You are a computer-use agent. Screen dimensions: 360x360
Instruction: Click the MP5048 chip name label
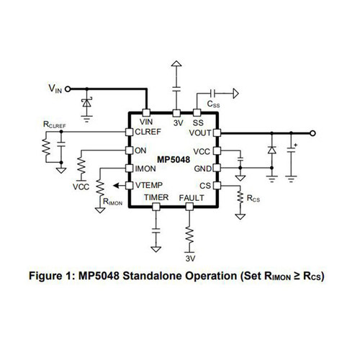(174, 160)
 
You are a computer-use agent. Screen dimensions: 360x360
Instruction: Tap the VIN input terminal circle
(68, 89)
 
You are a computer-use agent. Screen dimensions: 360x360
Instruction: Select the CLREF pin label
(148, 132)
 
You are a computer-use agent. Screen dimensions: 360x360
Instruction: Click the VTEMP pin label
(149, 185)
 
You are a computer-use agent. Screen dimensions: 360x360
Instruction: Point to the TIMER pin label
(156, 197)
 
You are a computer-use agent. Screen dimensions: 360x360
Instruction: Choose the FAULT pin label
(192, 198)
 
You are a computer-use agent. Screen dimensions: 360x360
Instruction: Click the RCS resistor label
(253, 199)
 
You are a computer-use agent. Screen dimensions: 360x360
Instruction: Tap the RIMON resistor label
(112, 202)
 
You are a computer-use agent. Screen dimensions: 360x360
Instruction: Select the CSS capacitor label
(213, 104)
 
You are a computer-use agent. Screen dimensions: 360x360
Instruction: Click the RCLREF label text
(55, 125)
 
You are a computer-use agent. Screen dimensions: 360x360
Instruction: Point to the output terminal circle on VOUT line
(312, 133)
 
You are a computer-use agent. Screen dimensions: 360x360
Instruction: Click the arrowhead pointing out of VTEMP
(116, 186)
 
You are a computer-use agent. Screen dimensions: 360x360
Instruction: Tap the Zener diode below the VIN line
(86, 103)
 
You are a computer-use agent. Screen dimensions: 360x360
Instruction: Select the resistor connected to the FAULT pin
(189, 235)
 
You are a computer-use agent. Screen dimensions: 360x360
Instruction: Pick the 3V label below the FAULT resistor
(190, 258)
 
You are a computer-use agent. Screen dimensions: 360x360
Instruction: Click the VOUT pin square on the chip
(217, 132)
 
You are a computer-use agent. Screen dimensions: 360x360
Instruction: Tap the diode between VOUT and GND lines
(271, 150)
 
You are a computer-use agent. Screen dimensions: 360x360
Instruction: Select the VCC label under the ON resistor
(81, 186)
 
